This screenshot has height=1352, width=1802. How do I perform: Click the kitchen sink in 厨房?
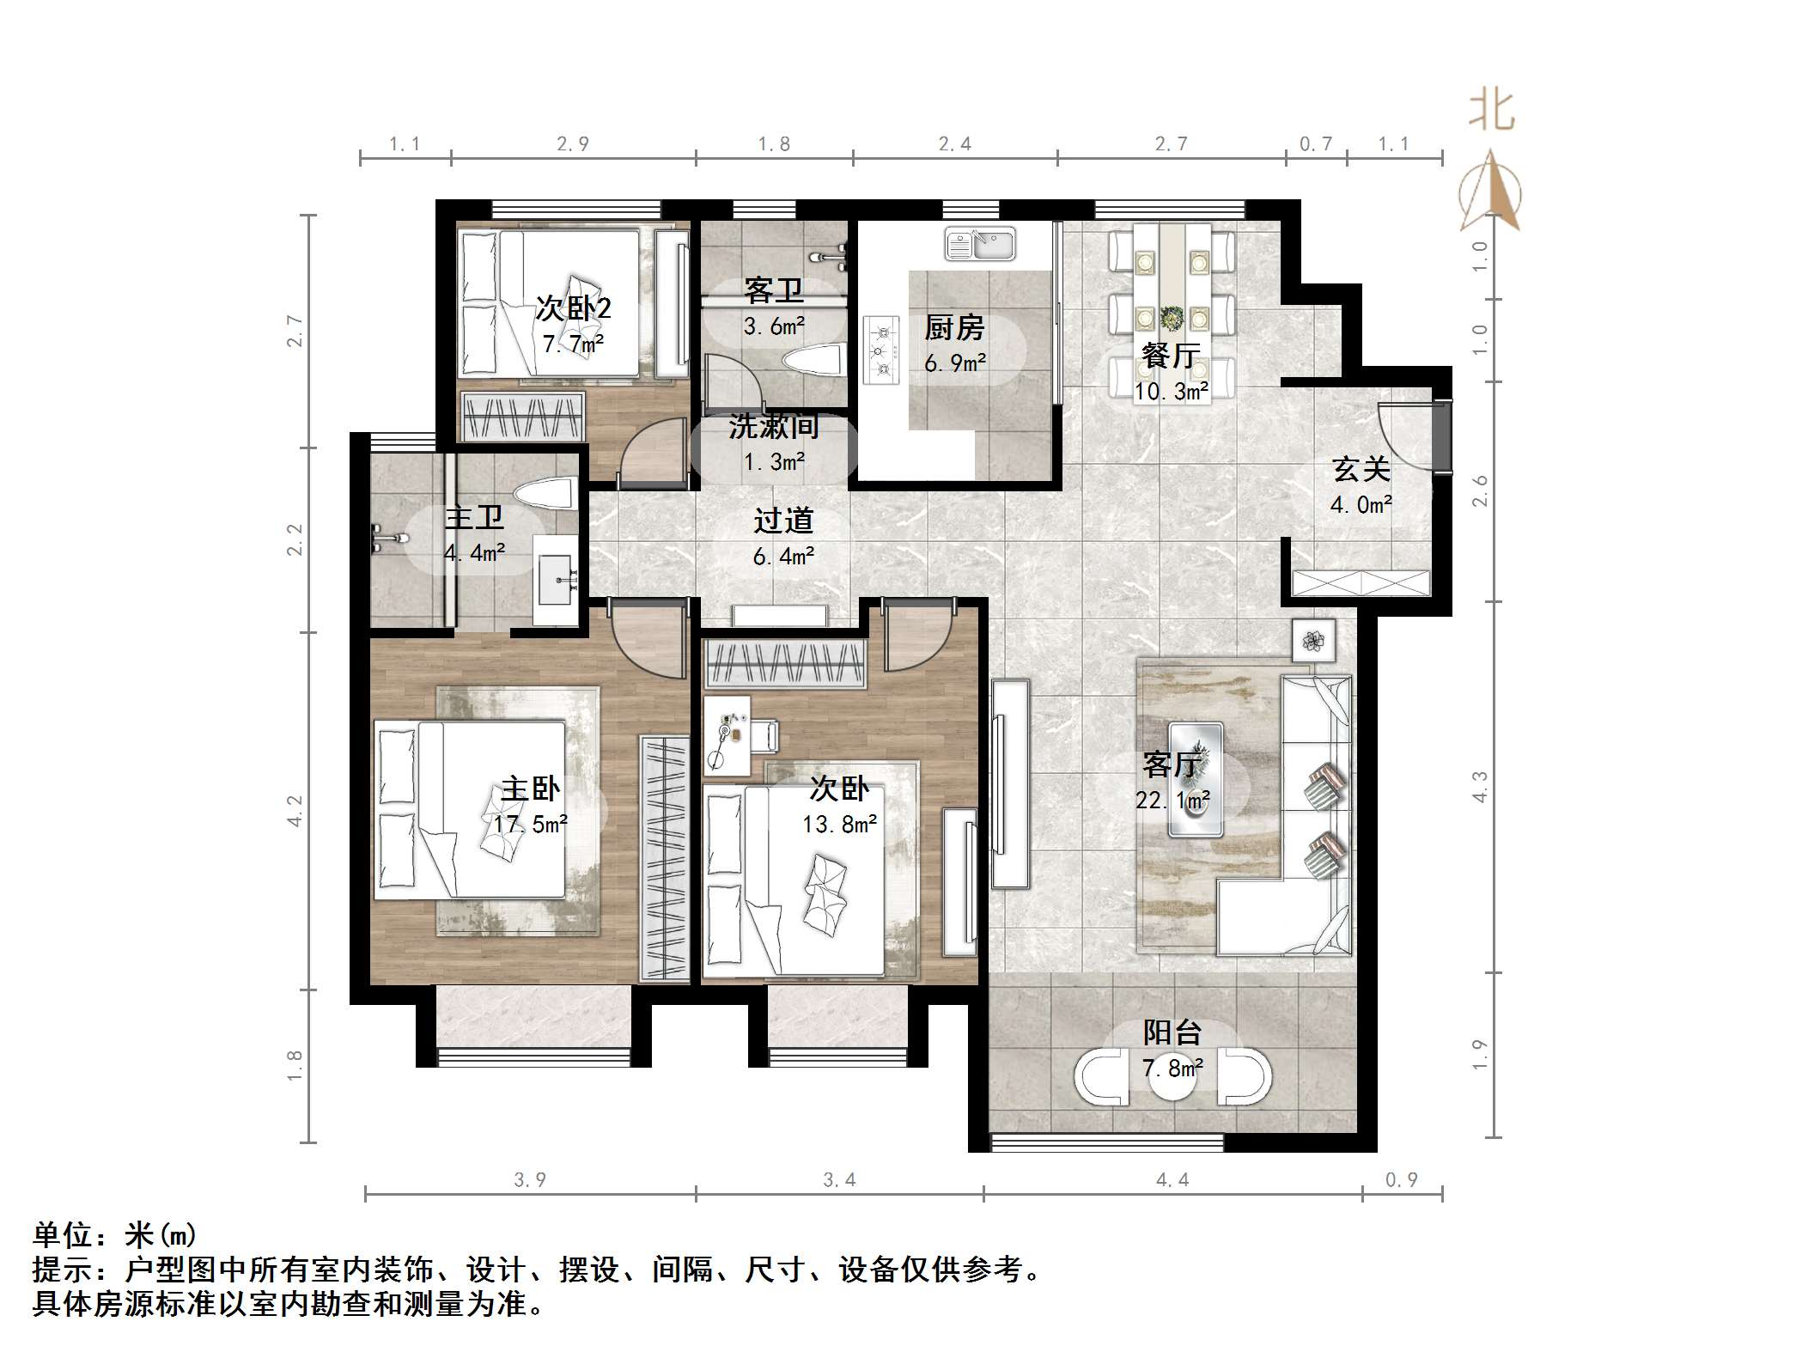(x=980, y=244)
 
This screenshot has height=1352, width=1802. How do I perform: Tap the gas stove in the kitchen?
(x=880, y=350)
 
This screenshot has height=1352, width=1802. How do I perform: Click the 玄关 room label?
(x=1361, y=470)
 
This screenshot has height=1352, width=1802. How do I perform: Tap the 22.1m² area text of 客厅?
(x=1172, y=801)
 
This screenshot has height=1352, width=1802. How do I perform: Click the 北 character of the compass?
(x=1491, y=113)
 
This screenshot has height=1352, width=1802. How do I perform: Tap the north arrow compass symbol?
(x=1491, y=193)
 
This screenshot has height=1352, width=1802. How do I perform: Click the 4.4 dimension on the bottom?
(x=1172, y=1180)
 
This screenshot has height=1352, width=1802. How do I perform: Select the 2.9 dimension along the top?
(x=573, y=144)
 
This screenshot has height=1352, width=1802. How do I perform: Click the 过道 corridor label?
(x=783, y=521)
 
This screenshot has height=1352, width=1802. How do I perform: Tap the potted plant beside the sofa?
(x=1313, y=640)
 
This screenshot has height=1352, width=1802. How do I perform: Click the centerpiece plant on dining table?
(x=1172, y=318)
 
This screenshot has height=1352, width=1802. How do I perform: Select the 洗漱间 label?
(x=774, y=426)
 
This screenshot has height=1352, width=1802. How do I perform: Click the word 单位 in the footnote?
(x=63, y=1235)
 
